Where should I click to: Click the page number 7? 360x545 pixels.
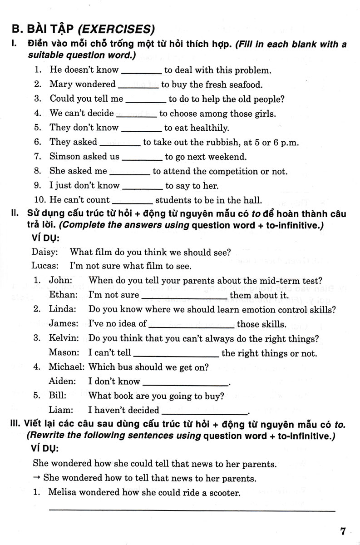(343, 531)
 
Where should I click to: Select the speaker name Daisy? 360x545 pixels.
(44, 252)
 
